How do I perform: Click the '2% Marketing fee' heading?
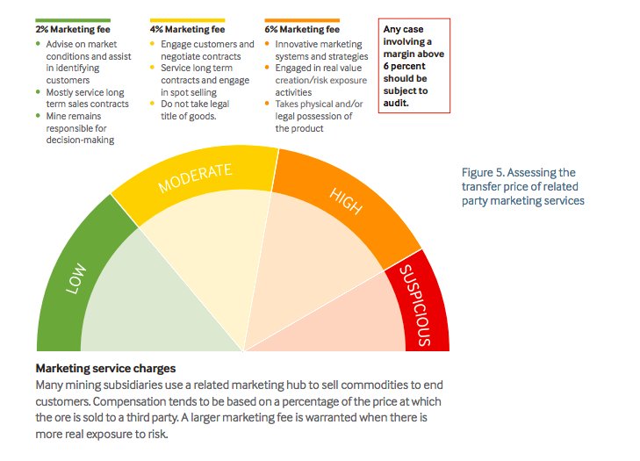(73, 29)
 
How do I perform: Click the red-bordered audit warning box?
(413, 66)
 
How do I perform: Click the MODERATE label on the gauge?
(195, 177)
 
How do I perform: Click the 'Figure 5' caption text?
(522, 186)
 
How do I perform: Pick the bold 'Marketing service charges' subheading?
(105, 368)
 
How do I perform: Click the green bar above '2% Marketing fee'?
(73, 19)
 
